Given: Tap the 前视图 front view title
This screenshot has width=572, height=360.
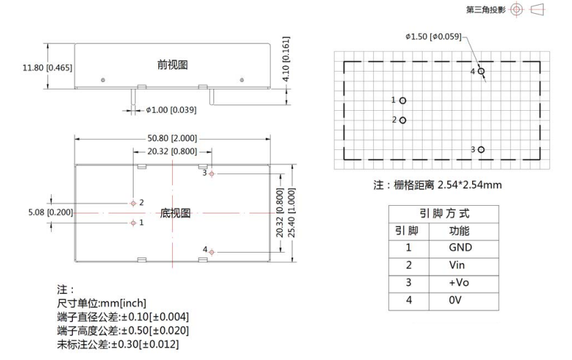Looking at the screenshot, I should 173,65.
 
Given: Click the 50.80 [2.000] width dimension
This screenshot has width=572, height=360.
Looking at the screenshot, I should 171,137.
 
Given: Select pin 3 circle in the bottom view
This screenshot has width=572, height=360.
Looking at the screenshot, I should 212,173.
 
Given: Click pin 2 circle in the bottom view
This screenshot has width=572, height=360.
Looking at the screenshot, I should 133,203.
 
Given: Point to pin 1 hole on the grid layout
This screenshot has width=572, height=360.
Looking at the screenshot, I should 403,100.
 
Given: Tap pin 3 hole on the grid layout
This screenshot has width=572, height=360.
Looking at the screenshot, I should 482,149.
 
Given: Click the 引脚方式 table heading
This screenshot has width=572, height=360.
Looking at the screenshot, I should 443,213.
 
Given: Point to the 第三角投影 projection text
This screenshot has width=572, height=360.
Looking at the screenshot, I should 486,10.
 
